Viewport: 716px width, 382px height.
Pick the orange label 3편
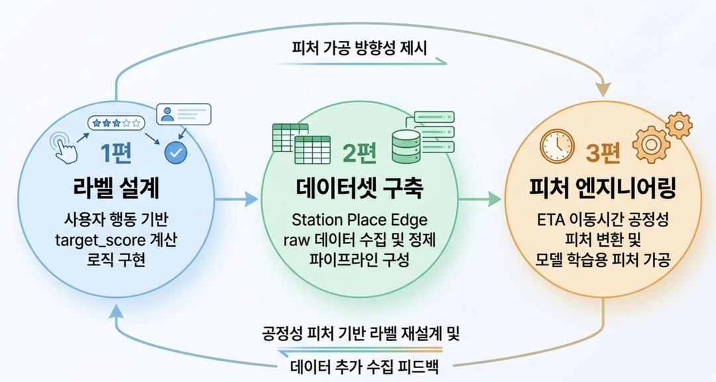(602, 154)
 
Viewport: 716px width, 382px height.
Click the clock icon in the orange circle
(556, 146)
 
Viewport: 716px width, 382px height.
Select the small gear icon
(678, 124)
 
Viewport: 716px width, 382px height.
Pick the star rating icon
(117, 123)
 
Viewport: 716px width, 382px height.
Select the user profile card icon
(183, 114)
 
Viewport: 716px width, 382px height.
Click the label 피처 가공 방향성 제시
(360, 50)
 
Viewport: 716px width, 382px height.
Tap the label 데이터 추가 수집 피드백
(359, 366)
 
